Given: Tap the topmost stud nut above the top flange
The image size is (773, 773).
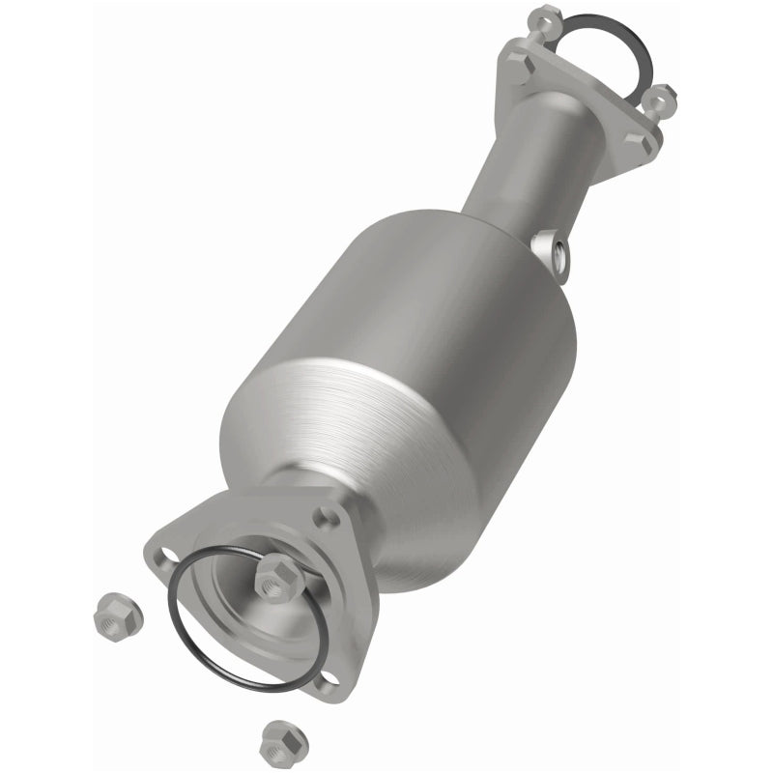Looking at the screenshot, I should [547, 16].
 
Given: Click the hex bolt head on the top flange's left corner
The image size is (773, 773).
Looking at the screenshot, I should [512, 65].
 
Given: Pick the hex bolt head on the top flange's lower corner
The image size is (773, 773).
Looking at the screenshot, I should [643, 143].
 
